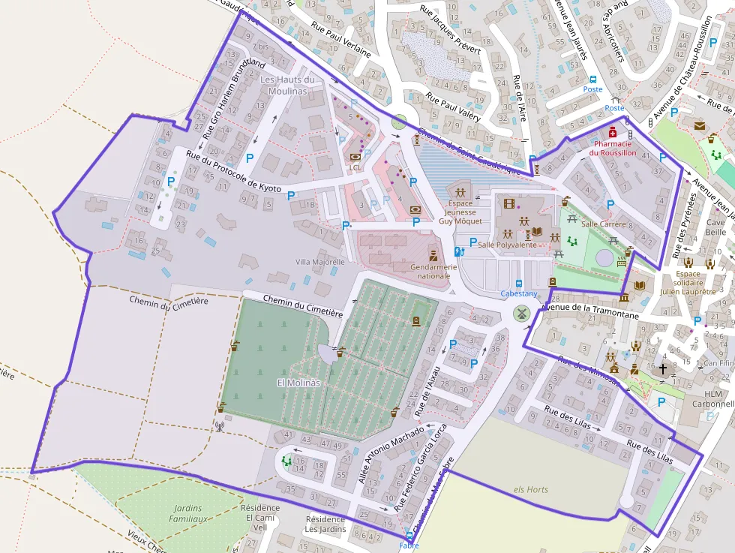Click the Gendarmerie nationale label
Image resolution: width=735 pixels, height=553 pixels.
tap(433, 271)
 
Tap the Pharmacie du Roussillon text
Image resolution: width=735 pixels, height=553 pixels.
tap(612, 148)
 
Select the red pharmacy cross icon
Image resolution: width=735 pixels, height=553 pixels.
tap(613, 131)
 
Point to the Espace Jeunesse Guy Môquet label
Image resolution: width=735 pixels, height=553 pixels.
tap(460, 212)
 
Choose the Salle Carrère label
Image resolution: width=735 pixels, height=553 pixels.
tap(603, 224)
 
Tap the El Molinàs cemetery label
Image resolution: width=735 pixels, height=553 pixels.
tap(299, 383)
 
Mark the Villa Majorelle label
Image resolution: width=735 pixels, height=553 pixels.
tap(320, 262)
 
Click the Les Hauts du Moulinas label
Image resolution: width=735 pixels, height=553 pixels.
tap(287, 85)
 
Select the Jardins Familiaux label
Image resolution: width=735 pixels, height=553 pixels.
tap(187, 513)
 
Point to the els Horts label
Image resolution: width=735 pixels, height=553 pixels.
tap(530, 489)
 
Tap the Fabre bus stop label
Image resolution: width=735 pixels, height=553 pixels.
tap(409, 545)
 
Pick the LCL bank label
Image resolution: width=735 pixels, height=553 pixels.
tap(355, 167)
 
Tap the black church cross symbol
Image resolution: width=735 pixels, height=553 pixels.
tap(661, 368)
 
